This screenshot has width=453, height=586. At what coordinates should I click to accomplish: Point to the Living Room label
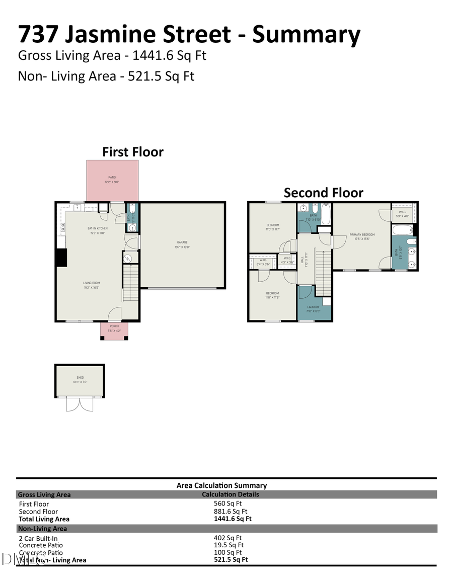[x=92, y=285]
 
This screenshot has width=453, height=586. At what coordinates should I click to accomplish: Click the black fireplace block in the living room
[x=61, y=258]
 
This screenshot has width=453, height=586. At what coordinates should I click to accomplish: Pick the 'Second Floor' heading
[x=323, y=193]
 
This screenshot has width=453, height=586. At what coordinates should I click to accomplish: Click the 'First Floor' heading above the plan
[x=133, y=152]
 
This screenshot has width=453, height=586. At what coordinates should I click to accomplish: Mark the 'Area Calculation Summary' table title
[x=221, y=485]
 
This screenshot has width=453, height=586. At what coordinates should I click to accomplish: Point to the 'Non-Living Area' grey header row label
[x=42, y=529]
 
